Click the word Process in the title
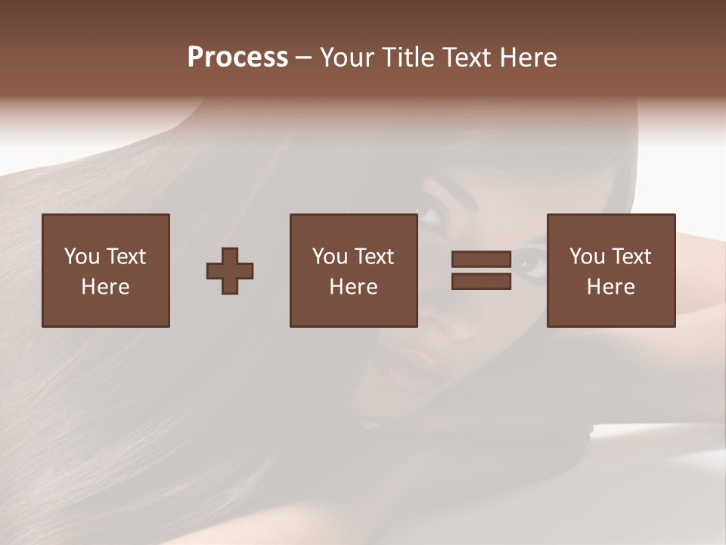tap(237, 58)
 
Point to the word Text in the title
tap(473, 58)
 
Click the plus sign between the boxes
tap(230, 271)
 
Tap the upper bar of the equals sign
tap(481, 260)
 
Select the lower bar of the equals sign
tap(481, 282)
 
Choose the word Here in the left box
tap(105, 287)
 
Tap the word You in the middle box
tap(330, 257)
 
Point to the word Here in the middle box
tap(353, 287)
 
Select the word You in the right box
tap(587, 257)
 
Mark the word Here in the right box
tap(610, 287)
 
